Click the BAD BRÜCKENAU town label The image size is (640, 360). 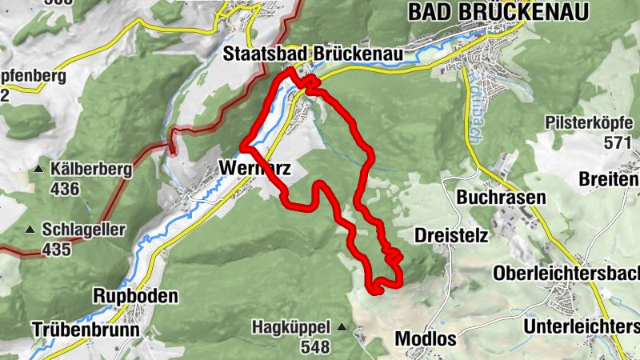click(x=498, y=11)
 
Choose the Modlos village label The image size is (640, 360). click(x=426, y=338)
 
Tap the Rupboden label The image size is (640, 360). click(x=135, y=296)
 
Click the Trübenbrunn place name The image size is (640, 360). click(x=86, y=329)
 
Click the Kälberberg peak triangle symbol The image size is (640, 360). click(x=38, y=170)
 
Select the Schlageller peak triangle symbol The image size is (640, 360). click(x=30, y=230)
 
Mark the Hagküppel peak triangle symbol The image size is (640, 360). click(x=342, y=326)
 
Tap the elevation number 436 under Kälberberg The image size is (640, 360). click(x=65, y=189)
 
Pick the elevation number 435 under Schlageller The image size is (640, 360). click(x=58, y=250)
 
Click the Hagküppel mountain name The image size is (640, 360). click(x=291, y=326)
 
